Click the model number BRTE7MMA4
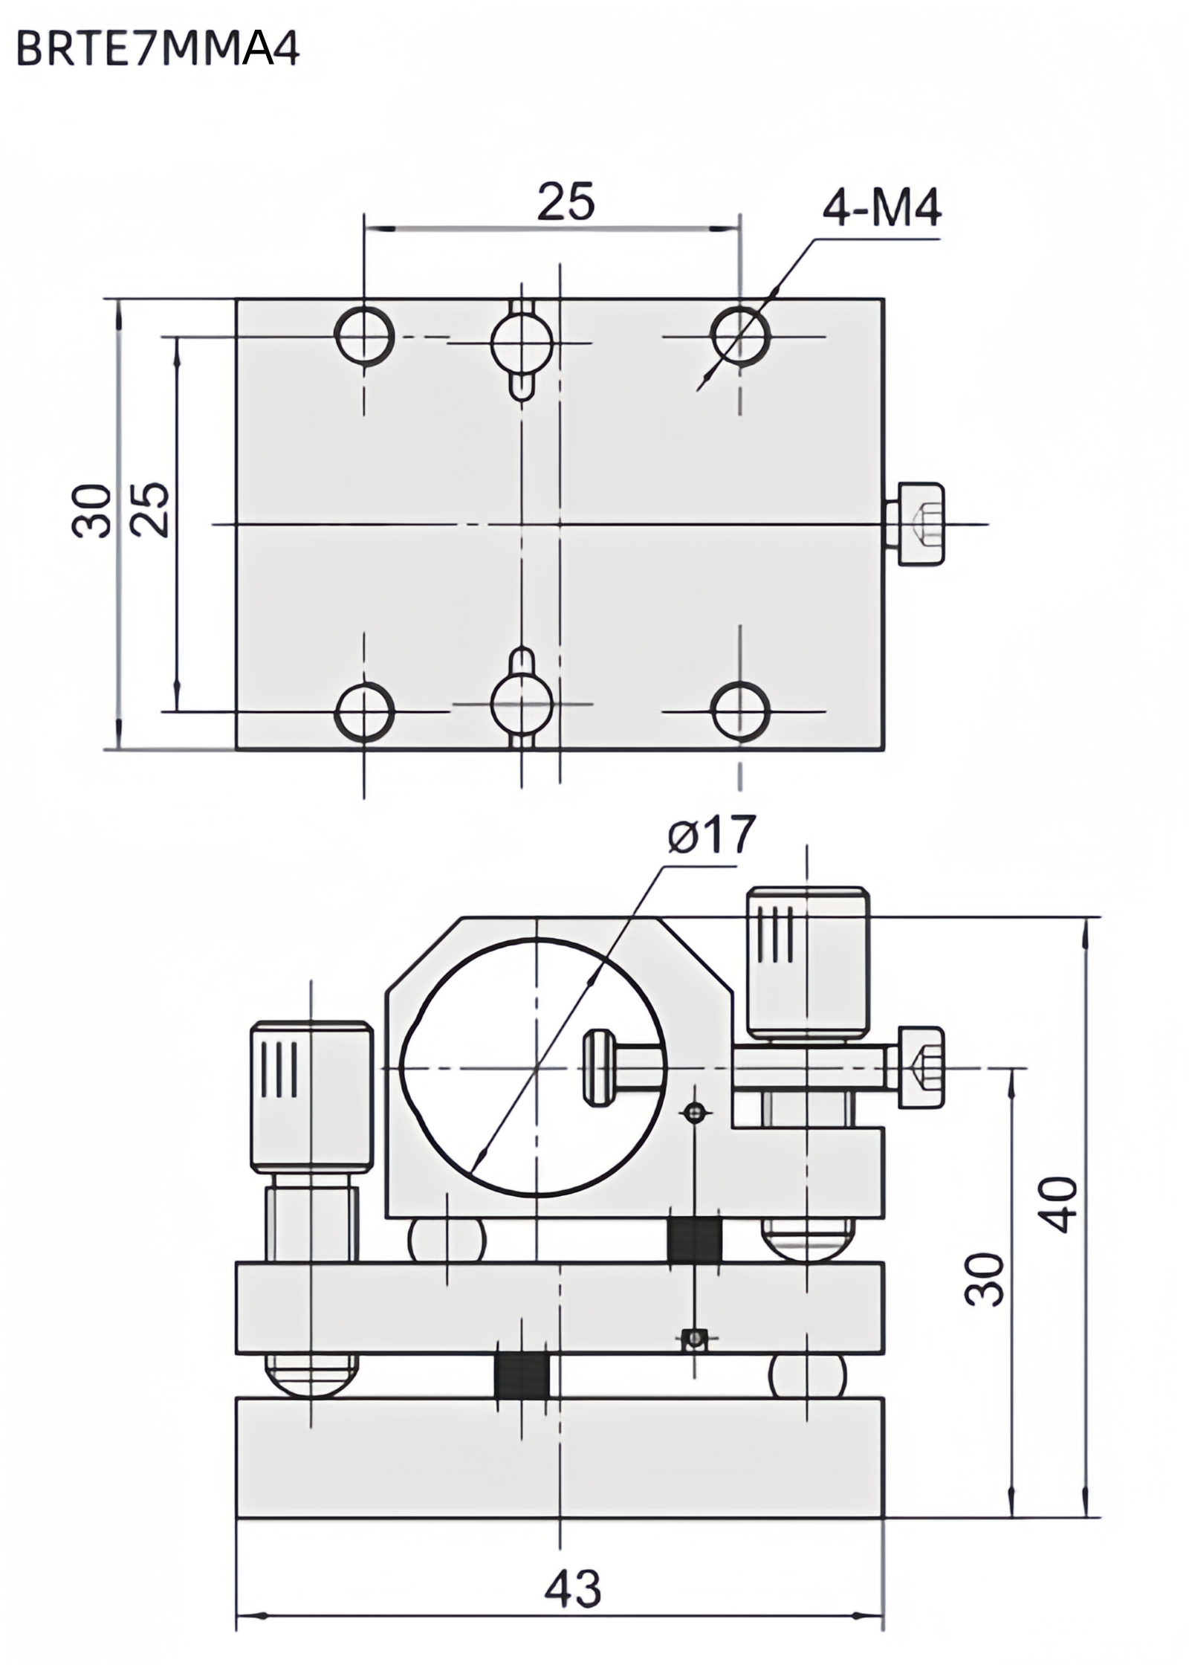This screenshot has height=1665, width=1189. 157,50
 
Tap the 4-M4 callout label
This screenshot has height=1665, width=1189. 881,209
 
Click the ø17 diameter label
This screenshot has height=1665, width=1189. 710,835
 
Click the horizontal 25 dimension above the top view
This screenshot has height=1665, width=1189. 566,201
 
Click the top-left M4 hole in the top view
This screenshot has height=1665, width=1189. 364,335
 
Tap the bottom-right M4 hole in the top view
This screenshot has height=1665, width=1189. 739,711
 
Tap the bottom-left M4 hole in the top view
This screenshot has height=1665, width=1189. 364,711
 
